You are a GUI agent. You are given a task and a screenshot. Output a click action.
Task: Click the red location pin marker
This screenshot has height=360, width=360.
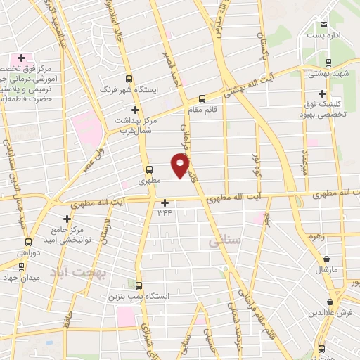pyautogui.click(x=181, y=166)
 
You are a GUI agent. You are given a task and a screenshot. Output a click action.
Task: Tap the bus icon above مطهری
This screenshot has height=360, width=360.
pyautogui.click(x=149, y=169)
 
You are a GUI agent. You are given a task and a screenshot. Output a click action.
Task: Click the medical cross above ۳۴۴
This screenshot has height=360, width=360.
pyautogui.click(x=165, y=202)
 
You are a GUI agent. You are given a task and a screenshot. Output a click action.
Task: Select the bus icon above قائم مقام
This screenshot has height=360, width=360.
pyautogui.click(x=202, y=98)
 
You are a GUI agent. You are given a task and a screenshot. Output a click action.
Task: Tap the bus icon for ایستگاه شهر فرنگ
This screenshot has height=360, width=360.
pyautogui.click(x=128, y=79)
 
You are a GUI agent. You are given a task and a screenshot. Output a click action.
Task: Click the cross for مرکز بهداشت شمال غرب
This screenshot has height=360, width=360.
pyautogui.click(x=135, y=110)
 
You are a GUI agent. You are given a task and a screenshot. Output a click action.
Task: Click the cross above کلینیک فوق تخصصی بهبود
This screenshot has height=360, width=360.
pyautogui.click(x=322, y=94)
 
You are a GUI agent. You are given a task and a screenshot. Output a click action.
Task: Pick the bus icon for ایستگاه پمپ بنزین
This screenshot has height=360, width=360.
pyautogui.click(x=139, y=285)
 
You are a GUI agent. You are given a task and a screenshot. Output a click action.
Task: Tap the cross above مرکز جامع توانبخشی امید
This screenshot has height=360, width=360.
pyautogui.click(x=67, y=219)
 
